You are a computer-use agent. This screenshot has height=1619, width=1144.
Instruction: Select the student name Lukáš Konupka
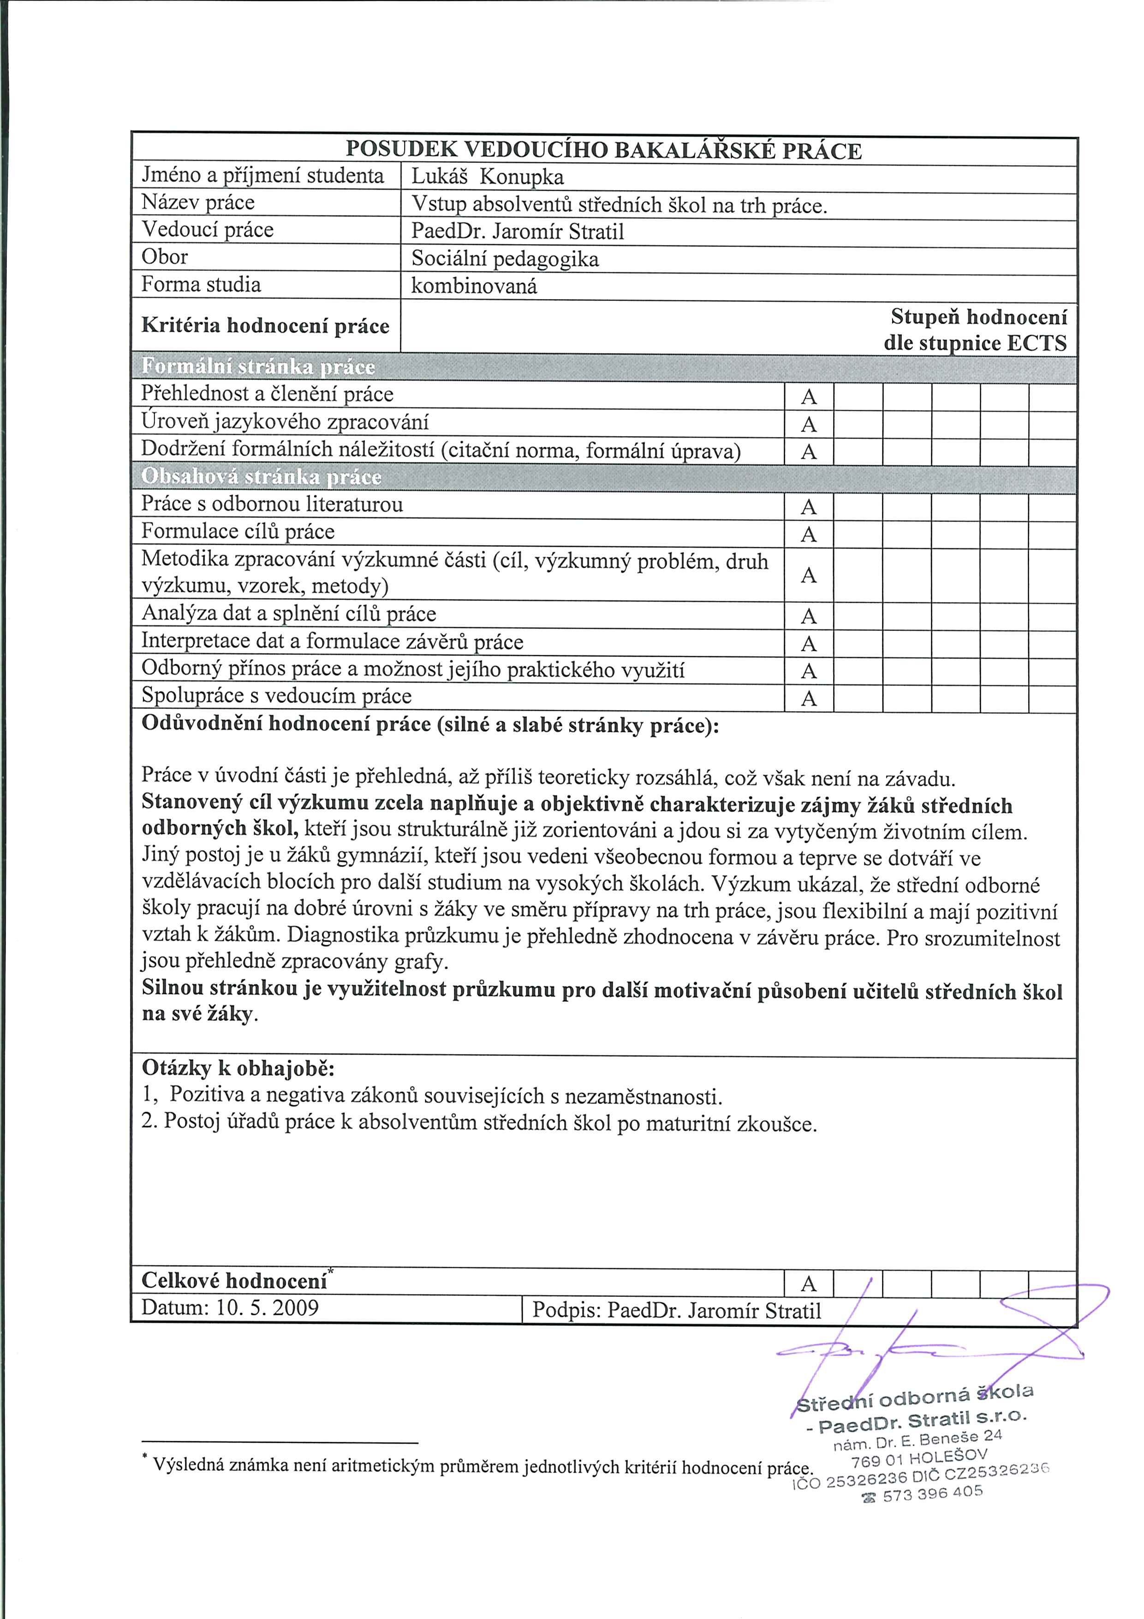pos(488,177)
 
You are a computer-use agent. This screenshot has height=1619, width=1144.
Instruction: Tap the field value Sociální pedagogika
pos(505,259)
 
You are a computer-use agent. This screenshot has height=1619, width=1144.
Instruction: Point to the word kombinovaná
pos(474,286)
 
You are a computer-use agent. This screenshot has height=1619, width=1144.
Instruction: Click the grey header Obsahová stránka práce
pos(262,477)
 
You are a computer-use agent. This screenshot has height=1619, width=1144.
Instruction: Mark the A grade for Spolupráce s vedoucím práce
pos(809,699)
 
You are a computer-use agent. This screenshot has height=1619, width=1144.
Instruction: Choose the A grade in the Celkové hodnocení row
pos(809,1283)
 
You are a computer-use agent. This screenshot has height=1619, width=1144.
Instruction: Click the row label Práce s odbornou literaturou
pos(272,505)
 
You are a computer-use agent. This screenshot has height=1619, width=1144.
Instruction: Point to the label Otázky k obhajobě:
pos(238,1068)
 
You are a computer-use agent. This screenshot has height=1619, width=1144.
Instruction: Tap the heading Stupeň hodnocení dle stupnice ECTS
pos(976,330)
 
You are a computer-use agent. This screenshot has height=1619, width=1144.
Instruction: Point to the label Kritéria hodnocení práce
pos(265,326)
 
